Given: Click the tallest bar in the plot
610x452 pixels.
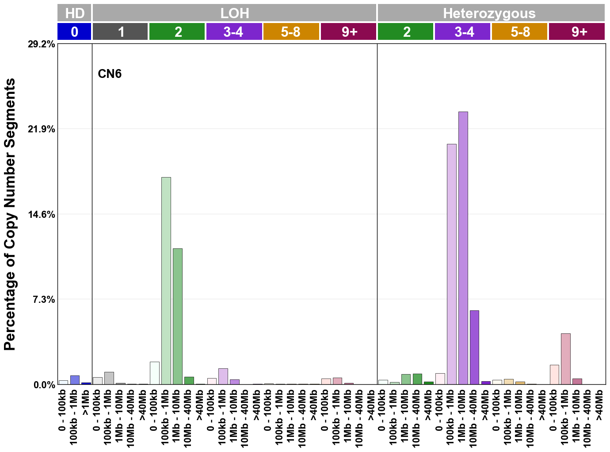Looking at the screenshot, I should tap(463, 248).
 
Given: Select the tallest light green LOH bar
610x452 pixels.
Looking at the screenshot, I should tap(166, 281).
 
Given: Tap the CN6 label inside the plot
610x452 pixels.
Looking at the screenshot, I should tap(109, 73).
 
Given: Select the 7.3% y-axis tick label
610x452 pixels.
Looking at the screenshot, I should tap(44, 300).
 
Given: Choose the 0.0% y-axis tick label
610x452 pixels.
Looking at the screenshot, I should tap(44, 385).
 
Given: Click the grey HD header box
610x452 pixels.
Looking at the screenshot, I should tap(74, 13).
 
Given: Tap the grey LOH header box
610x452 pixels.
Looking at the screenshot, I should tap(234, 13).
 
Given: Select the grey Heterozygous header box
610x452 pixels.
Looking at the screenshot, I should tap(491, 13).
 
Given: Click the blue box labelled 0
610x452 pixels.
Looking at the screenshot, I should tap(74, 32).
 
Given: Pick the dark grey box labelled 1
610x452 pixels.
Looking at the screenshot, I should tap(120, 32).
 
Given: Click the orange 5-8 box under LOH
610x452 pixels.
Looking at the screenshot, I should tap(291, 32).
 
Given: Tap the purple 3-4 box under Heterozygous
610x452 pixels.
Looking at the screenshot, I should tap(463, 32).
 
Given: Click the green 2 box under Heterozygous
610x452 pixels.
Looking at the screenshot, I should tap(405, 32).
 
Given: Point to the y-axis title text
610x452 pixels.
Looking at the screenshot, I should tap(10, 214).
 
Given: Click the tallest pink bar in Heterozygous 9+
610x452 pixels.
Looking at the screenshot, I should tap(565, 359).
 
